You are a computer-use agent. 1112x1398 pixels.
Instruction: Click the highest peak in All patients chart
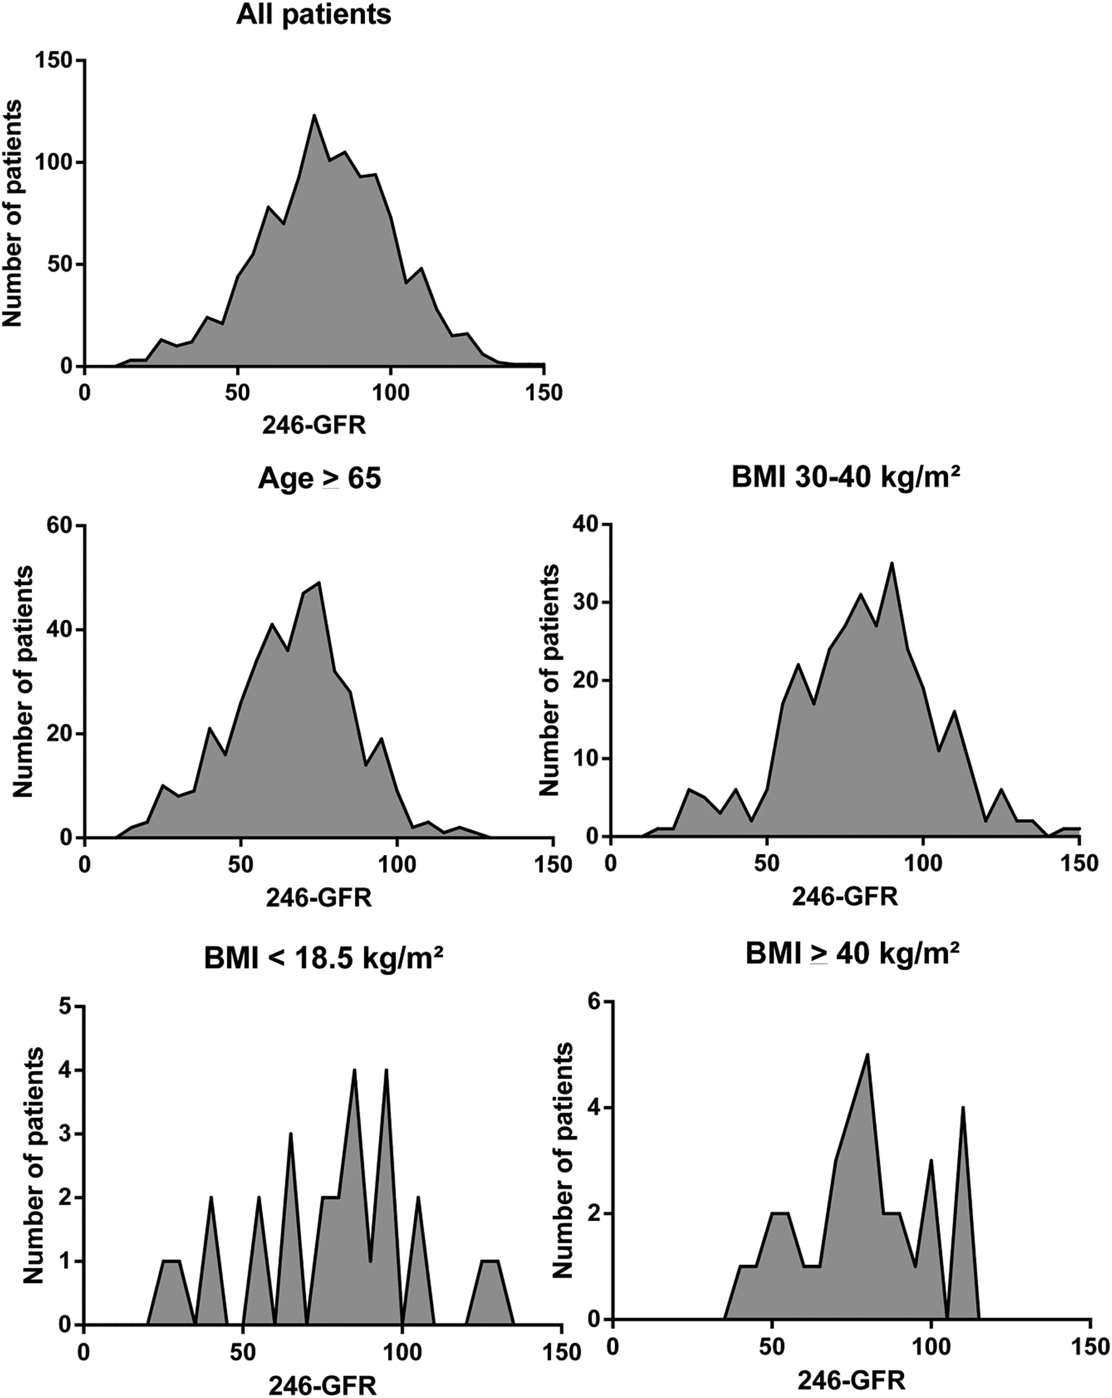[314, 115]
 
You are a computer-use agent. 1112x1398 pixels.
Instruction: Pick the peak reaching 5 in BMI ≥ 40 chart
[867, 1055]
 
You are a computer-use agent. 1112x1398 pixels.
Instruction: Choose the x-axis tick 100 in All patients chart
[390, 394]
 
